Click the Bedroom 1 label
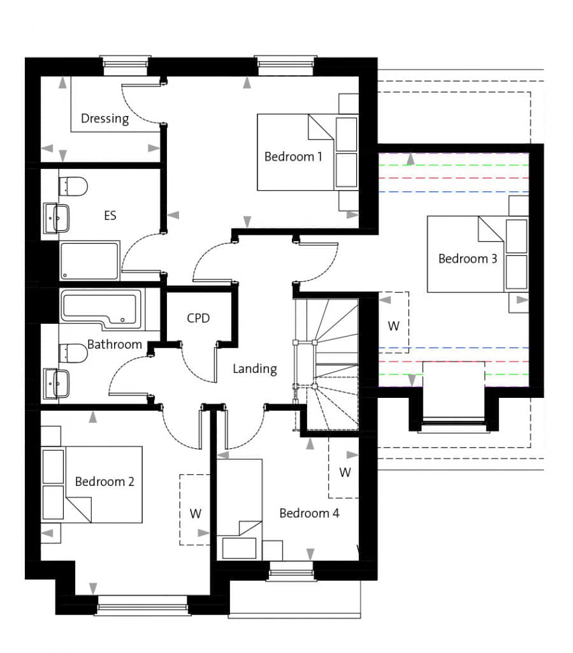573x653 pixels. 293,157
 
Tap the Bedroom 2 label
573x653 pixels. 105,481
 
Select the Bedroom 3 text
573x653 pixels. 468,259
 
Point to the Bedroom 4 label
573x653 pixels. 309,513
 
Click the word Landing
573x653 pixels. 255,369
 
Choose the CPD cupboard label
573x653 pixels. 198,318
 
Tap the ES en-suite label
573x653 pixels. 110,216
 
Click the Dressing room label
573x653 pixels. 105,119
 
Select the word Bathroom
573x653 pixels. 115,344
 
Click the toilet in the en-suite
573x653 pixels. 73,186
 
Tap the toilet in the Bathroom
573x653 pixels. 73,353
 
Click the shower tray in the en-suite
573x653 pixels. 89,261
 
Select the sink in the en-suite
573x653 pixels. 57,218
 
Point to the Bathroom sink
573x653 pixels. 57,383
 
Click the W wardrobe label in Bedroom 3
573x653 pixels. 394,326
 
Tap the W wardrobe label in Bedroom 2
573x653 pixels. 196,513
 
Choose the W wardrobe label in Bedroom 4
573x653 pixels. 345,473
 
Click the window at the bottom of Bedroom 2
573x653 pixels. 142,606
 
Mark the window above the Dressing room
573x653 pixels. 126,66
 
